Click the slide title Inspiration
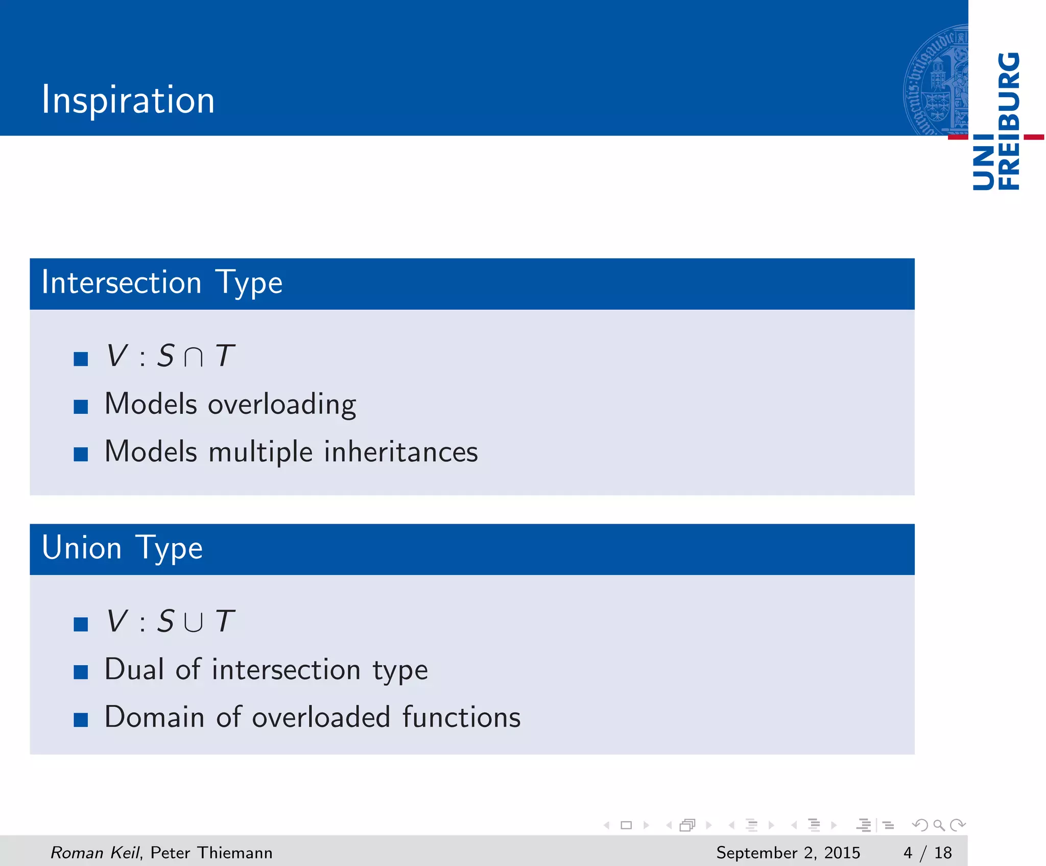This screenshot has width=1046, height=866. click(x=128, y=100)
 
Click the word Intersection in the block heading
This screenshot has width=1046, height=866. click(x=122, y=283)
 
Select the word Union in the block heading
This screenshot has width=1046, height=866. click(x=82, y=548)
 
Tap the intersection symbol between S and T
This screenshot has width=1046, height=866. click(x=194, y=357)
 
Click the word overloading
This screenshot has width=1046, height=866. click(x=282, y=405)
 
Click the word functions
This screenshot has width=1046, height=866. click(x=461, y=717)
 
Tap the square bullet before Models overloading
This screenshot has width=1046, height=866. click(x=81, y=407)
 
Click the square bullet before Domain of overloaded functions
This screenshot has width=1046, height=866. click(x=81, y=719)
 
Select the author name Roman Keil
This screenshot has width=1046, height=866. click(x=95, y=853)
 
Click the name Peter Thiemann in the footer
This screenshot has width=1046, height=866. click(x=211, y=853)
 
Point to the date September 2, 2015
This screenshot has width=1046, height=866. click(x=788, y=853)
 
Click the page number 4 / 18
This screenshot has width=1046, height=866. click(x=928, y=853)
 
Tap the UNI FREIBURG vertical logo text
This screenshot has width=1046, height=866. click(x=996, y=122)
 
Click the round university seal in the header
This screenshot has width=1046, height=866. click(x=936, y=81)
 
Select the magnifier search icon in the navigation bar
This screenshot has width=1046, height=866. click(x=939, y=825)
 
